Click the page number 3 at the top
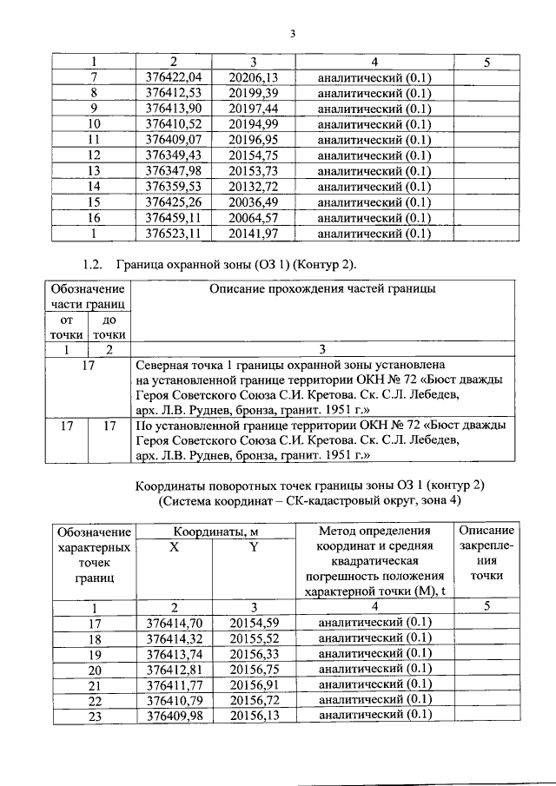click(293, 34)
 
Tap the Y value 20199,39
click(253, 92)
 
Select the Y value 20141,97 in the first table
click(253, 233)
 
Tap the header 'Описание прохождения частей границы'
click(321, 288)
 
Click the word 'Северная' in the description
click(164, 366)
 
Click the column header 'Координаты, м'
click(209, 532)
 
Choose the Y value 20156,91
click(253, 684)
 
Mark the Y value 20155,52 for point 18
click(253, 638)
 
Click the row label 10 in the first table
click(94, 123)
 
